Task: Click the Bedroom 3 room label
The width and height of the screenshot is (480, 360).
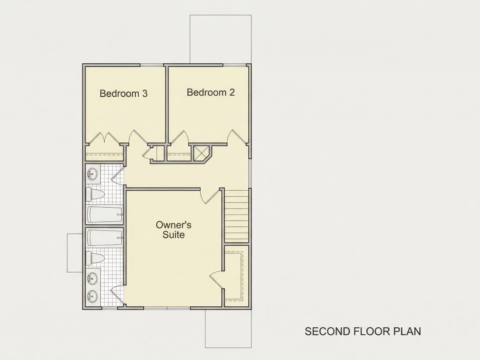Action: pos(123,93)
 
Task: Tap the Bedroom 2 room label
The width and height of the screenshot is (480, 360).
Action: pos(211,93)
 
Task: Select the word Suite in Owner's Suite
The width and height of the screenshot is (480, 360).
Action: pos(173,235)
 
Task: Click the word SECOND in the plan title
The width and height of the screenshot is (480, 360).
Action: pos(328,331)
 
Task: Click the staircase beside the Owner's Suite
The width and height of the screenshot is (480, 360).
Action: pos(237,216)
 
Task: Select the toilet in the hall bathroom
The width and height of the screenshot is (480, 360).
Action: pos(95,194)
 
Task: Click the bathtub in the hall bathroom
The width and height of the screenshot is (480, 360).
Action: pos(105,215)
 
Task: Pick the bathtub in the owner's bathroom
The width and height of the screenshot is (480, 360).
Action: pos(105,237)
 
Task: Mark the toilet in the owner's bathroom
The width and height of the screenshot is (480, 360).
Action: pos(95,259)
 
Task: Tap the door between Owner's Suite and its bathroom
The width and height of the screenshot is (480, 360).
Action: pos(117,295)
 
